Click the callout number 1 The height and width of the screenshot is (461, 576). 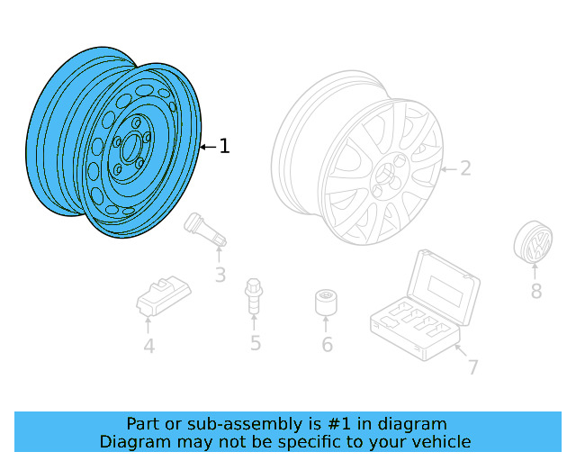[x=224, y=146]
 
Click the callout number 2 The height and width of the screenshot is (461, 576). [x=465, y=168]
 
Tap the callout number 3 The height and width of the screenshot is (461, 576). [x=220, y=275]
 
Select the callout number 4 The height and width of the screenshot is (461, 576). [x=148, y=345]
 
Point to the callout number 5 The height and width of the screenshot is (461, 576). [x=256, y=342]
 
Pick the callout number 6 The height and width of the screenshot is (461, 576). [x=327, y=345]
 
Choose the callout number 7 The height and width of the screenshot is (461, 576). [x=472, y=366]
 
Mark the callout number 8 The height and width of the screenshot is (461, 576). [x=535, y=291]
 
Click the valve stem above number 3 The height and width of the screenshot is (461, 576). [x=206, y=230]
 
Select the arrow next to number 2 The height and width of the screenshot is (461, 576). [x=447, y=168]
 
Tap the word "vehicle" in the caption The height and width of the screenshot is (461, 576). [x=439, y=441]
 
